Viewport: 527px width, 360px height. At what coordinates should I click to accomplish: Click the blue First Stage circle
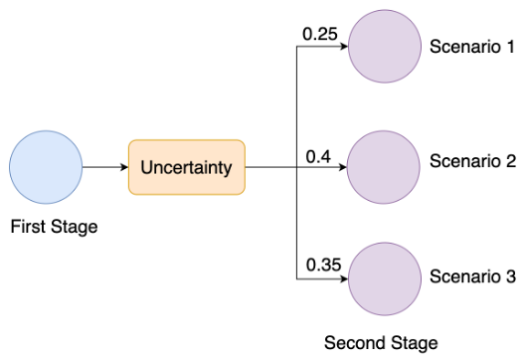tap(45, 167)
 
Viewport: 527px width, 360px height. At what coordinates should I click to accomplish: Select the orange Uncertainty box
tap(186, 167)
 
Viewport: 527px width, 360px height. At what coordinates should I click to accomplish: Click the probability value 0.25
tap(319, 35)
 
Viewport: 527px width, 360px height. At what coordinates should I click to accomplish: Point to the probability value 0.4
tap(318, 155)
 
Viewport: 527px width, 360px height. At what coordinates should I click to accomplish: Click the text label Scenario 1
tap(471, 47)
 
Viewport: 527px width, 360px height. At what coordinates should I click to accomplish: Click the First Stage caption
tap(54, 227)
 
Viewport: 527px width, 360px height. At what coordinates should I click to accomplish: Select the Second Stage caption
tap(381, 343)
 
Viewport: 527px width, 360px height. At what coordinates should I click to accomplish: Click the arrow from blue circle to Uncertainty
tap(104, 167)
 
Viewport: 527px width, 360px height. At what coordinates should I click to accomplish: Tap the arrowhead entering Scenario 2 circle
tap(341, 167)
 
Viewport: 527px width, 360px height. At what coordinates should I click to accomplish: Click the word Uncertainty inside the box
tap(186, 167)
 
